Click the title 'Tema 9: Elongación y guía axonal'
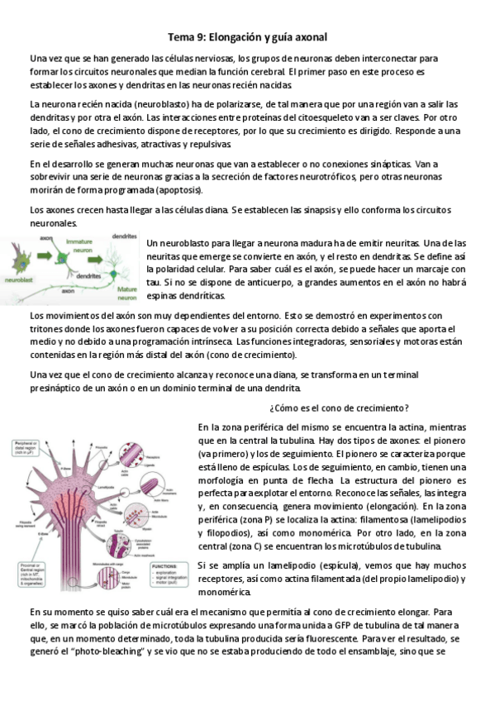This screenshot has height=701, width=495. (x=248, y=37)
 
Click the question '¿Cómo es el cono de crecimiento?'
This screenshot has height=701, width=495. (x=340, y=408)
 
